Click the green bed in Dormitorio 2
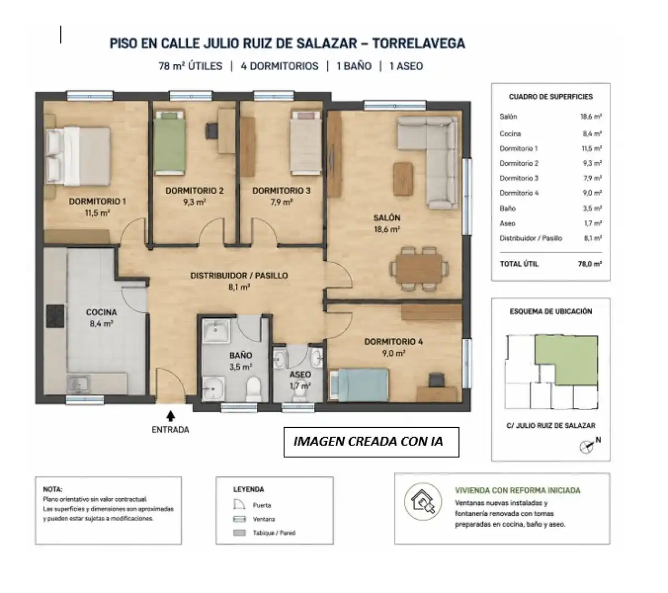click(x=170, y=142)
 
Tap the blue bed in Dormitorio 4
click(x=359, y=385)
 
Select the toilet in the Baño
click(x=254, y=389)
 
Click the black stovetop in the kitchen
click(x=55, y=316)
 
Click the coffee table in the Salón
click(x=403, y=178)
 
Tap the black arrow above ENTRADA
click(x=170, y=416)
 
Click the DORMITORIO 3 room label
click(x=281, y=191)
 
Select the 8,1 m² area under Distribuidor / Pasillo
click(x=239, y=287)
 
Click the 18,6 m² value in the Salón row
click(x=591, y=116)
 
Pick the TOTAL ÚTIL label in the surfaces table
click(x=519, y=264)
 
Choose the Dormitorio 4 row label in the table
click(x=519, y=193)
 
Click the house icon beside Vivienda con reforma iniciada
click(x=423, y=502)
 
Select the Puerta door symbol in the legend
click(x=239, y=505)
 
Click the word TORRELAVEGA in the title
click(x=419, y=43)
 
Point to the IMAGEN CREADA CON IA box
click(x=371, y=442)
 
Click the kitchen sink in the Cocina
click(x=78, y=384)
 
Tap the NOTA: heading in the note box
click(x=53, y=489)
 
